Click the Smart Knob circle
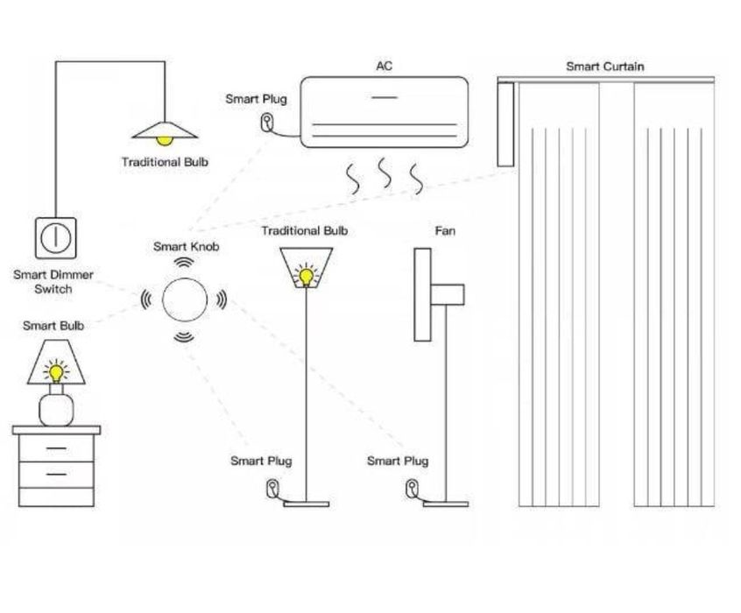(x=184, y=299)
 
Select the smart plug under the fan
(x=411, y=487)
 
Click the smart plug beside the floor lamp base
(x=273, y=486)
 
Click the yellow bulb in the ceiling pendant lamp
(x=163, y=137)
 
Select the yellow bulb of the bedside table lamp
(x=56, y=371)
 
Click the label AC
(x=384, y=66)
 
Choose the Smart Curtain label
(x=604, y=66)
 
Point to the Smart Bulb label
(x=53, y=326)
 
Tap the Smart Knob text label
(x=185, y=247)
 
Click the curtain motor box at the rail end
(x=504, y=123)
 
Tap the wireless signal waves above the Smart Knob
(x=184, y=263)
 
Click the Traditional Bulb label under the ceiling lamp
(x=165, y=162)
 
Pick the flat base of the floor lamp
(x=306, y=504)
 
